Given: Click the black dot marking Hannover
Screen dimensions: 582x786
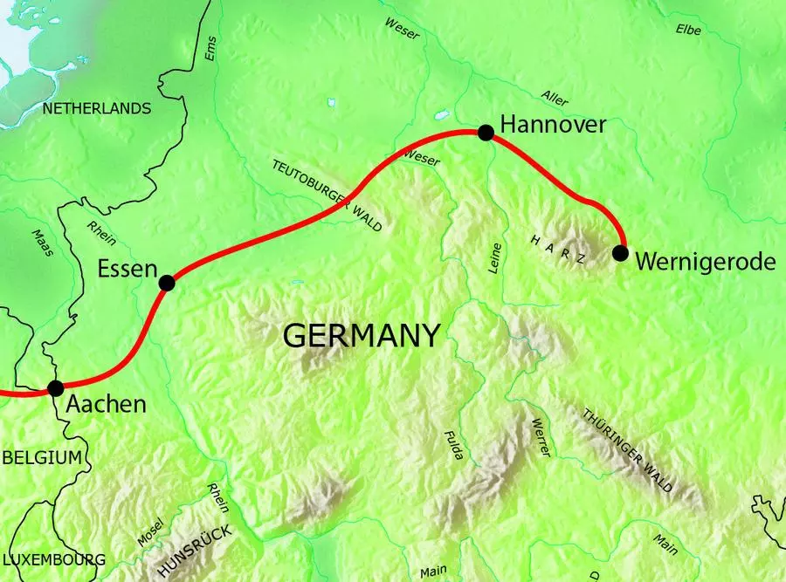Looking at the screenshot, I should click(x=486, y=132).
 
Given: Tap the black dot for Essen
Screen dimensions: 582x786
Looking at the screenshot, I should click(x=167, y=283).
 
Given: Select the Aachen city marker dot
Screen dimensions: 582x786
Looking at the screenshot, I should click(x=56, y=387).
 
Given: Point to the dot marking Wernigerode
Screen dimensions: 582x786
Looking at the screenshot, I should click(x=620, y=253).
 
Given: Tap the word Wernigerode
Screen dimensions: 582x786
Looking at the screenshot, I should click(x=706, y=261).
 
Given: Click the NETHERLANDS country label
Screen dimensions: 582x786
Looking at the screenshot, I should click(x=91, y=109).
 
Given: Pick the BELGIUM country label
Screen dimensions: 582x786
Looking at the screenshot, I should click(x=41, y=457).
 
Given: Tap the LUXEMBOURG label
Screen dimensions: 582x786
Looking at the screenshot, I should click(x=53, y=559).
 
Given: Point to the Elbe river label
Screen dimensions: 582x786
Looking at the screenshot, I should click(x=688, y=30).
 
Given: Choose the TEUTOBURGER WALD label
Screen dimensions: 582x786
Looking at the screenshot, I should click(x=327, y=195).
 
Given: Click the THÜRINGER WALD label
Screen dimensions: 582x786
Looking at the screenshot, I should click(x=628, y=450).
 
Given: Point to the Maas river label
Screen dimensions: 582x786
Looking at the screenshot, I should click(x=41, y=243).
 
